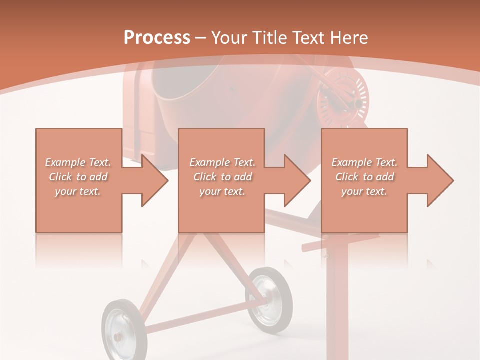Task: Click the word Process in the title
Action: point(157,37)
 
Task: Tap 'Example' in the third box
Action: point(352,162)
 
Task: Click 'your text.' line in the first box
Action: point(78,191)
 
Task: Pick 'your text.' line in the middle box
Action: point(222,191)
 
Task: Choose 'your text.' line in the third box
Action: point(364,191)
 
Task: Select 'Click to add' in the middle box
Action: point(222,177)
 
